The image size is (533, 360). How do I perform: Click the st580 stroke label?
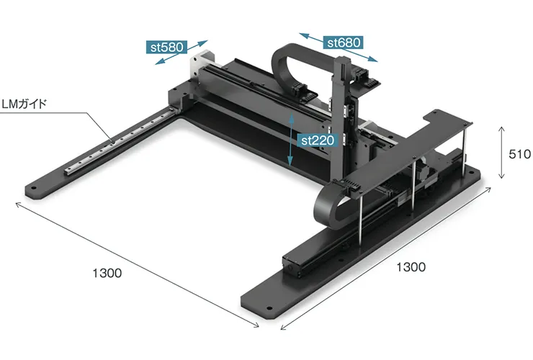(x=166, y=47)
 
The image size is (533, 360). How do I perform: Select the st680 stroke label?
(x=344, y=42)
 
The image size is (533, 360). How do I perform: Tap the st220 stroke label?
(x=318, y=140)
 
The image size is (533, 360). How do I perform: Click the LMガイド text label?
(x=24, y=104)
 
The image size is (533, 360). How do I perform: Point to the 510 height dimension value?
(x=519, y=154)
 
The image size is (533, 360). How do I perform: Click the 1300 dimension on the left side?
(x=107, y=273)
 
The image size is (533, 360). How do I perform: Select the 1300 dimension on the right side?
(x=411, y=267)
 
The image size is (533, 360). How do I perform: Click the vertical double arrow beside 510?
(x=501, y=153)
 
